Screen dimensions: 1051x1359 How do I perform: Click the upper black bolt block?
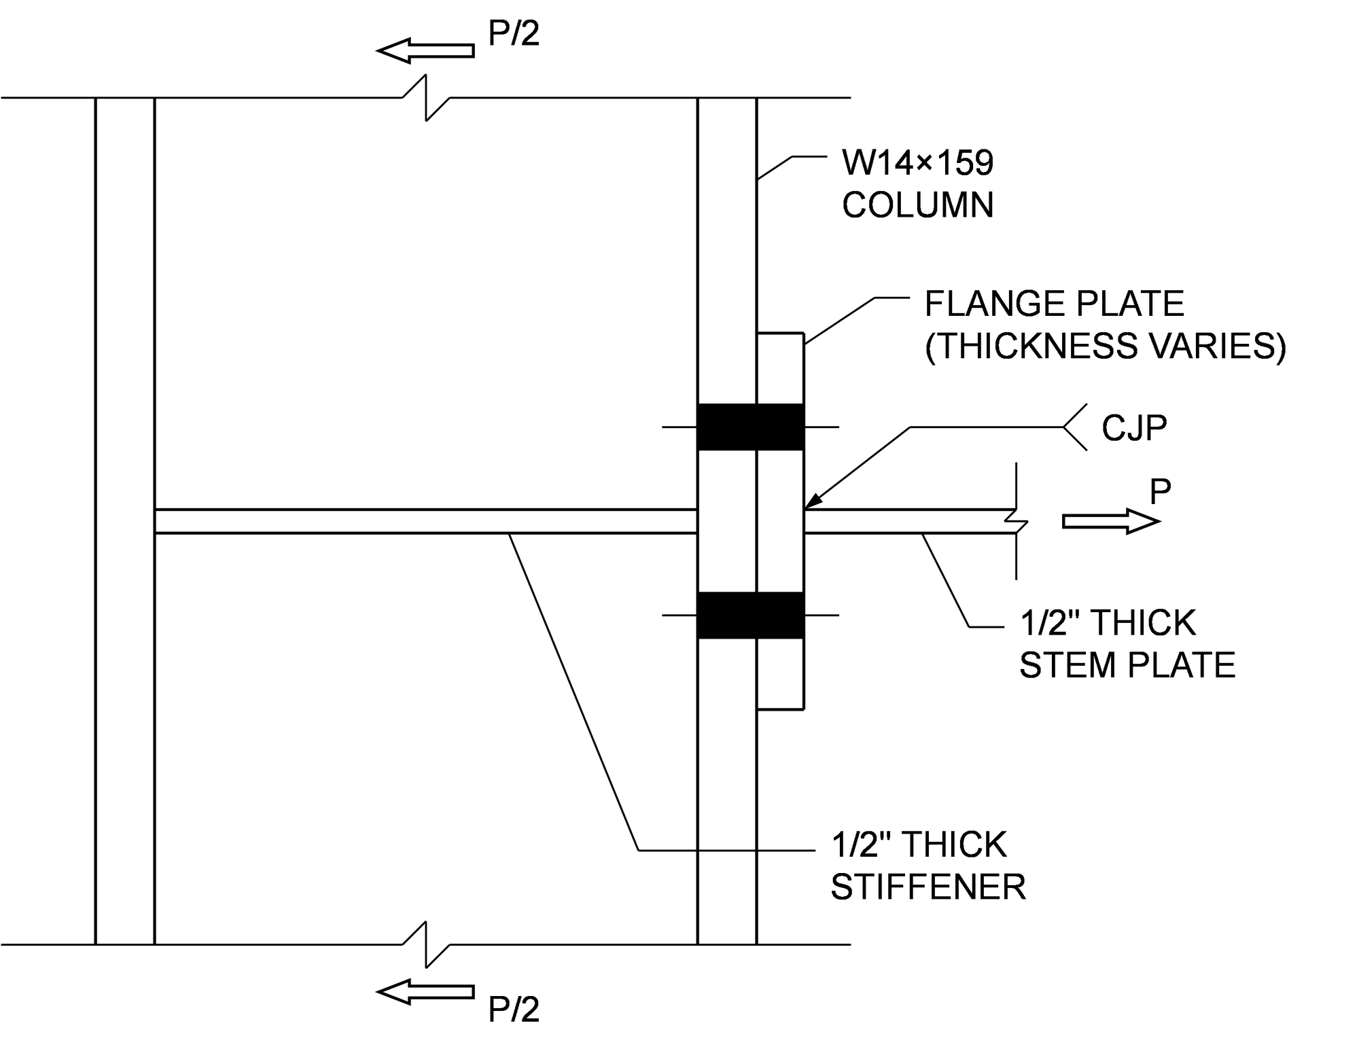pos(750,427)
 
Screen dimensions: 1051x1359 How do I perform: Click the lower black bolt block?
pos(750,615)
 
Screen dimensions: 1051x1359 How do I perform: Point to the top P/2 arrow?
pos(425,51)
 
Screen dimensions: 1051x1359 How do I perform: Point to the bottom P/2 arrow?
pos(425,992)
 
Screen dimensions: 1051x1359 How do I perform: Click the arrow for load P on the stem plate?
pos(1110,521)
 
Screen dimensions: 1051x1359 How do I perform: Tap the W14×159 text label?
pos(917,162)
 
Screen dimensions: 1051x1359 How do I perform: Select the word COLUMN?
pos(917,204)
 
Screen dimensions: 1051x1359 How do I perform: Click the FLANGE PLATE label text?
pos(1054,304)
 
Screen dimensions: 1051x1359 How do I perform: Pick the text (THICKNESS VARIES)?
pos(1106,346)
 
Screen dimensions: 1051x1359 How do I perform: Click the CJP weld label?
pos(1133,428)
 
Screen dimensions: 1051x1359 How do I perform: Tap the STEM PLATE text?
pos(1127,664)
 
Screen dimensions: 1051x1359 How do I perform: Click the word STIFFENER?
pos(928,887)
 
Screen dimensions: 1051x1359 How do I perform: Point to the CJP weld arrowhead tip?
pos(806,508)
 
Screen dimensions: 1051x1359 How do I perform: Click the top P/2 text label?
pos(514,33)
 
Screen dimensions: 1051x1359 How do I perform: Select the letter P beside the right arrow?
pos(1160,491)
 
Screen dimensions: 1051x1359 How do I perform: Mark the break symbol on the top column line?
pos(426,99)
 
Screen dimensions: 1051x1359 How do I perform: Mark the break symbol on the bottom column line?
pos(426,944)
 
